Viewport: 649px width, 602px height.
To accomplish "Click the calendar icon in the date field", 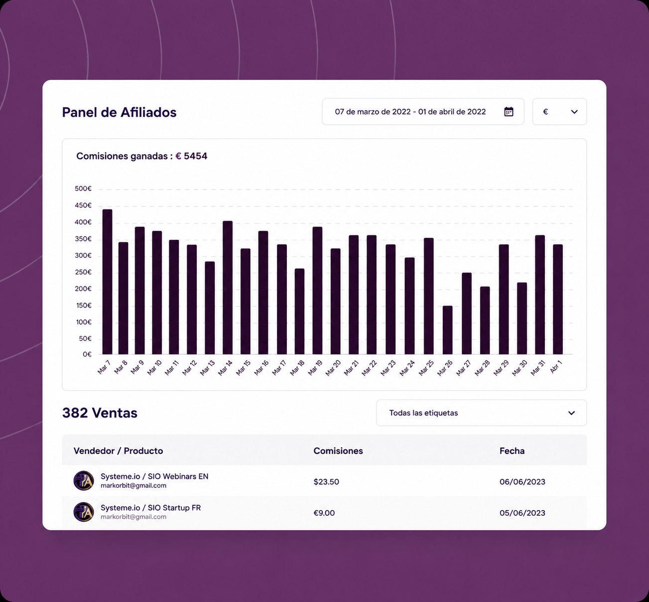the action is tap(509, 112).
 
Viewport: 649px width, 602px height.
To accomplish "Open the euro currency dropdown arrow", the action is tap(574, 112).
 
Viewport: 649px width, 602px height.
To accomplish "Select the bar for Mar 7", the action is tap(107, 282).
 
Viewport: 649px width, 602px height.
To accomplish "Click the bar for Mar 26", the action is tap(447, 330).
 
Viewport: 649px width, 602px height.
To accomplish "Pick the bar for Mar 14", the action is tap(228, 287).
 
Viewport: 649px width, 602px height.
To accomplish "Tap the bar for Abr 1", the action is tap(558, 299).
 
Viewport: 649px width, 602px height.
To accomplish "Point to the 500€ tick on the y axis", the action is tap(83, 189).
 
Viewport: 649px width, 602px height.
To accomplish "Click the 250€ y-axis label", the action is tap(83, 272).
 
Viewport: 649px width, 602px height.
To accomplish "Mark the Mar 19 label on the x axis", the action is tap(315, 368).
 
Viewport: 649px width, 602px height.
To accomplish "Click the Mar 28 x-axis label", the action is tap(482, 368).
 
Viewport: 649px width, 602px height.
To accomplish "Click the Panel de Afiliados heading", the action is tap(119, 112).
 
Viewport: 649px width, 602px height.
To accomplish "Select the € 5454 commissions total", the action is tap(191, 156).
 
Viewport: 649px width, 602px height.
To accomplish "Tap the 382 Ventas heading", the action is tap(100, 413).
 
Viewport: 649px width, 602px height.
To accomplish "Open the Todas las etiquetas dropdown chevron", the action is tap(571, 413).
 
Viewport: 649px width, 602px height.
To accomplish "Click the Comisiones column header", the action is tap(338, 451).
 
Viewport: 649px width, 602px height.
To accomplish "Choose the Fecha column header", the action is tap(512, 451).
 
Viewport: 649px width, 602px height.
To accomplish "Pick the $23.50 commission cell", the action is tap(326, 481).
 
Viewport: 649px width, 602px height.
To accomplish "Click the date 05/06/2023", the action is tap(522, 513).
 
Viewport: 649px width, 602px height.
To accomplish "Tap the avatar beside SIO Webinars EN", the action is tap(83, 480).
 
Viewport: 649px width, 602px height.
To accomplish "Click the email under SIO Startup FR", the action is tap(133, 517).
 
